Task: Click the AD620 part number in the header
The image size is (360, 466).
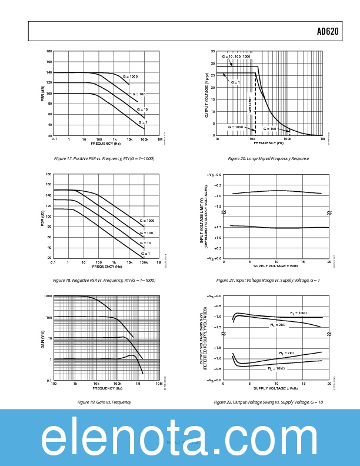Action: (x=328, y=32)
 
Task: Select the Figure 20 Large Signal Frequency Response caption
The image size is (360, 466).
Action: (x=268, y=158)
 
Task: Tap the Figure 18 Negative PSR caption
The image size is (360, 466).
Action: (x=104, y=280)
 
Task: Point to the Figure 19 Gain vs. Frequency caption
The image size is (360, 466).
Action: (x=104, y=402)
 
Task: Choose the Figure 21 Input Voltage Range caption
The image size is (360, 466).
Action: (x=268, y=280)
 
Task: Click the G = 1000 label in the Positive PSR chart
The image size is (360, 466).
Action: (x=130, y=76)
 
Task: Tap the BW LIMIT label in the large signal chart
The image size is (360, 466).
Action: (x=250, y=105)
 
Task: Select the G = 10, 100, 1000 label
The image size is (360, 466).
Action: (x=236, y=56)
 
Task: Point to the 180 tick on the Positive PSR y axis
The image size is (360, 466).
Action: (x=49, y=51)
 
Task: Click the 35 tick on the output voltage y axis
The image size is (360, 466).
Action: (x=212, y=51)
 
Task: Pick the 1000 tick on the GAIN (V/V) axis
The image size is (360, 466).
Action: (x=48, y=296)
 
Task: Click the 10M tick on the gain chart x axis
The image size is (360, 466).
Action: (x=158, y=384)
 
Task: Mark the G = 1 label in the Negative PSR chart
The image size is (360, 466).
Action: (x=145, y=254)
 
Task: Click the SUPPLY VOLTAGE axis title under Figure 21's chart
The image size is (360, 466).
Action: (x=276, y=266)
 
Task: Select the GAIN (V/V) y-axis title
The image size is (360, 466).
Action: (x=43, y=338)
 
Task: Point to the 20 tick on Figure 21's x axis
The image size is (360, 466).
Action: (x=329, y=262)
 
